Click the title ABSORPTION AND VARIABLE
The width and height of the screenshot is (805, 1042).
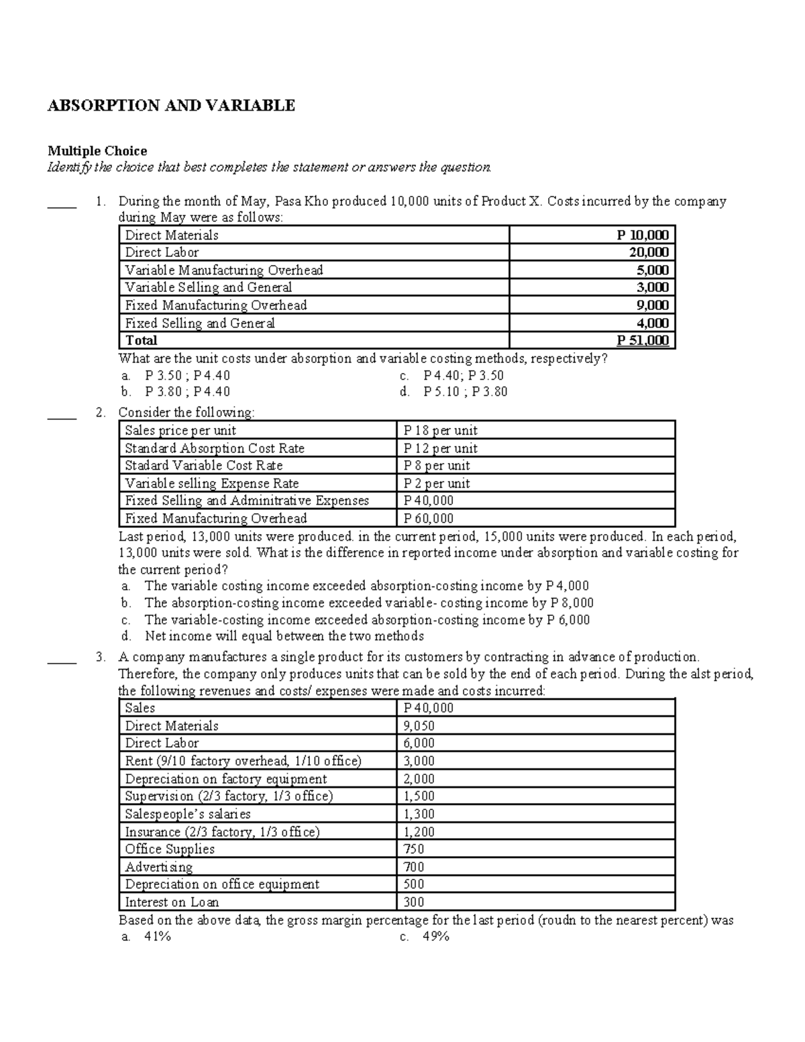pos(171,105)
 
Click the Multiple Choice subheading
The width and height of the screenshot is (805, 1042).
pos(97,150)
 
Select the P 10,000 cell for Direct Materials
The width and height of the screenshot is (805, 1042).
pos(642,235)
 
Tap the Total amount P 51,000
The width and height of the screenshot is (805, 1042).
pos(642,340)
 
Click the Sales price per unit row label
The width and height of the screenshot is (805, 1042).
pos(180,431)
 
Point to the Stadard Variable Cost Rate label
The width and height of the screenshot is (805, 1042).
pos(203,466)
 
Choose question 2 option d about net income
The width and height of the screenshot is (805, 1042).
pos(272,636)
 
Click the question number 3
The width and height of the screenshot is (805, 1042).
pos(100,657)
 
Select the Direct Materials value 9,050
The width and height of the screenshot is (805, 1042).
pos(419,726)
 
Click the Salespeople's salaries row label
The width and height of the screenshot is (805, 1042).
pos(188,814)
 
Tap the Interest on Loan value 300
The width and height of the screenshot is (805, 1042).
pos(414,902)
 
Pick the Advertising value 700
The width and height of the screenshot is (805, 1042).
pos(414,867)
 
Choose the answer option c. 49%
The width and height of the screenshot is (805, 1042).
pos(424,937)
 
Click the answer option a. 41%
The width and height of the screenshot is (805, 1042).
pos(147,937)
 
